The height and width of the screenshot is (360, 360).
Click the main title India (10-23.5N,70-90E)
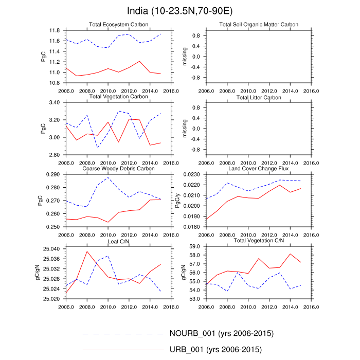pos(179,11)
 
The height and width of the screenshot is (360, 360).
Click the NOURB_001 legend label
pos(221,333)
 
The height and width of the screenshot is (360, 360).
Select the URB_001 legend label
pos(215,350)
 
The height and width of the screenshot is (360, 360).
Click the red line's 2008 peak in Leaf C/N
pos(86,251)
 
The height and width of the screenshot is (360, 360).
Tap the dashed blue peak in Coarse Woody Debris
pos(108,177)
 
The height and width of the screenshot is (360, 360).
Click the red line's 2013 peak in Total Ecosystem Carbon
pos(140,61)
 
